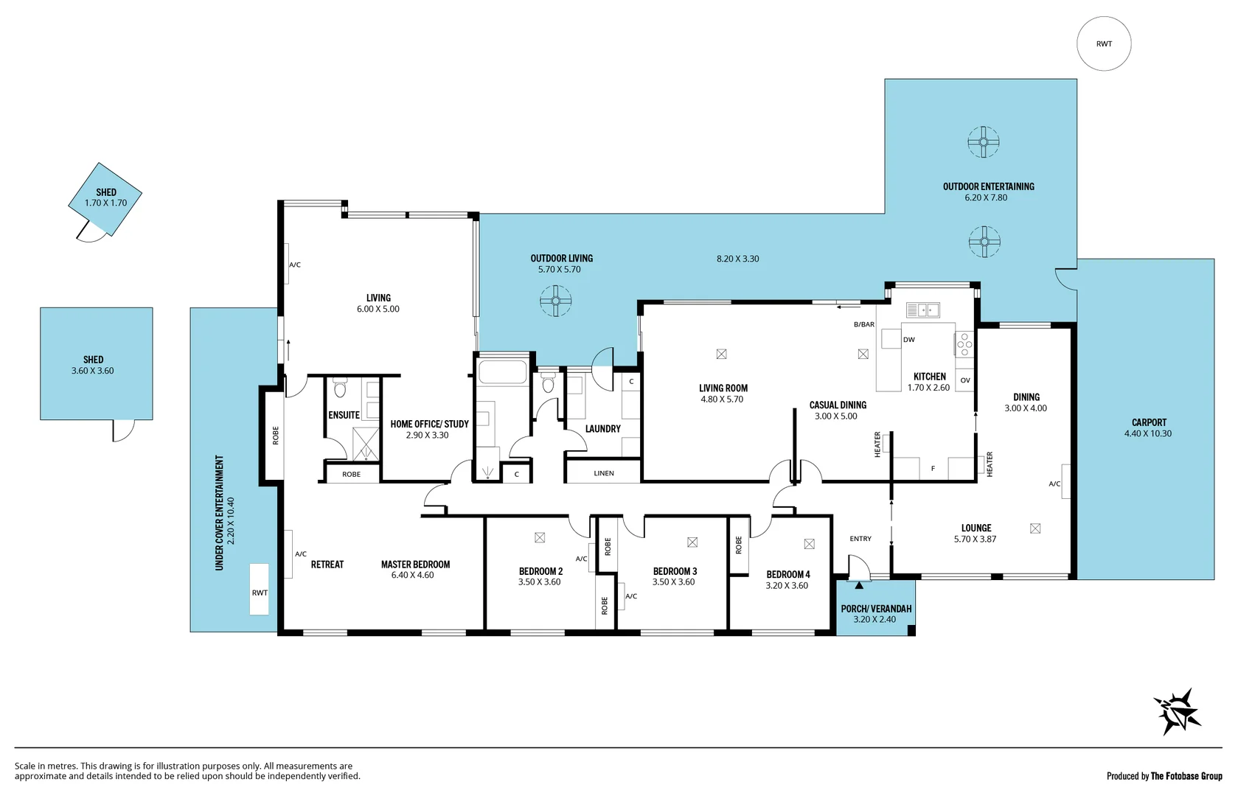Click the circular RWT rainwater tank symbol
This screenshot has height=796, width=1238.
tap(1103, 44)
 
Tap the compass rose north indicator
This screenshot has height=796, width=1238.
tap(1177, 712)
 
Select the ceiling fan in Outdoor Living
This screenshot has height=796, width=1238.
tap(555, 301)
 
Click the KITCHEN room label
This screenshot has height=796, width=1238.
tap(929, 377)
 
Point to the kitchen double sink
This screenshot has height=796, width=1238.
tap(922, 310)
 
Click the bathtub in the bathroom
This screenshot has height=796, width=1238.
tap(502, 371)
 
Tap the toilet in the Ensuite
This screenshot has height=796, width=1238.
tap(340, 388)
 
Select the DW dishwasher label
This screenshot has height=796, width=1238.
tap(908, 340)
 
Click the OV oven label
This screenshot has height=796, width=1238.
tap(964, 380)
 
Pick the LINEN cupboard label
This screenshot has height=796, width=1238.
tap(603, 473)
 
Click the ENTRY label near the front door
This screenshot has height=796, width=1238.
tap(860, 539)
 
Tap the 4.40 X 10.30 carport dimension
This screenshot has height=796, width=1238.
tap(1147, 433)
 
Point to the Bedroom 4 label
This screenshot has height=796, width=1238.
tap(787, 574)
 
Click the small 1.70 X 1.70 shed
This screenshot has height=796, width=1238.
tap(105, 198)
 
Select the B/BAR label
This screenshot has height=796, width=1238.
tap(863, 324)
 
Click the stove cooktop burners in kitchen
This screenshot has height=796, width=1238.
tap(964, 344)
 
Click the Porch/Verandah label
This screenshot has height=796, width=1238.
tap(876, 609)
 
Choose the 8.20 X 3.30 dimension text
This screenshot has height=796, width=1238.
tap(737, 259)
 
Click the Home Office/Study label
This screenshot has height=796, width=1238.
tap(429, 424)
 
